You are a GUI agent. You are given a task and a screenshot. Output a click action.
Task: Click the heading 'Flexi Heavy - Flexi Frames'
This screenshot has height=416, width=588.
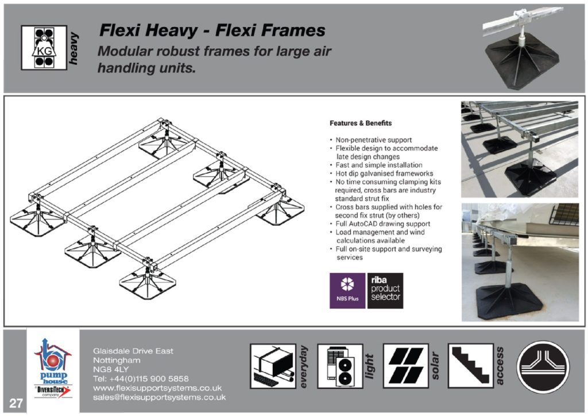pyautogui.click(x=212, y=30)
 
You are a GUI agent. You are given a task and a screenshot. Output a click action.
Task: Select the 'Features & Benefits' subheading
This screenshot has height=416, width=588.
pyautogui.click(x=361, y=123)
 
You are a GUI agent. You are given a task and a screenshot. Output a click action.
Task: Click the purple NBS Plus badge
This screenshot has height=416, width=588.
pyautogui.click(x=347, y=291)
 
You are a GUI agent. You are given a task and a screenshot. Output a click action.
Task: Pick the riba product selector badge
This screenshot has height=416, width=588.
pyautogui.click(x=385, y=291)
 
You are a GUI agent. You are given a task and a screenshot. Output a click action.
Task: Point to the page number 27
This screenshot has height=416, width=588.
pyautogui.click(x=16, y=403)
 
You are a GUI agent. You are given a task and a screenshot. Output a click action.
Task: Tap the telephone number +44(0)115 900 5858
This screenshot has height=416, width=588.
pyautogui.click(x=141, y=379)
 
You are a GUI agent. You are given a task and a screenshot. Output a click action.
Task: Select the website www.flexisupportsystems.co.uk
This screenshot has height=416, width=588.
pyautogui.click(x=157, y=388)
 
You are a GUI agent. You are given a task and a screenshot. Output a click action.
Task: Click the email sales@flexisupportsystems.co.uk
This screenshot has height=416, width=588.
pyautogui.click(x=159, y=397)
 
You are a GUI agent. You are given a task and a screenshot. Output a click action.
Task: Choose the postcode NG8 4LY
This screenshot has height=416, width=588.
pyautogui.click(x=111, y=369)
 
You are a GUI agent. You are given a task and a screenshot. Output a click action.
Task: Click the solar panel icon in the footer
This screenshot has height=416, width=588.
pyautogui.click(x=406, y=366)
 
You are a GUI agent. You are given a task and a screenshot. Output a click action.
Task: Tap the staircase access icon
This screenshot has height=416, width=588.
pyautogui.click(x=470, y=366)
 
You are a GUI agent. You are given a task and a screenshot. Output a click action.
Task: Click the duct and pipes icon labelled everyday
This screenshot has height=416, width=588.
pyautogui.click(x=273, y=366)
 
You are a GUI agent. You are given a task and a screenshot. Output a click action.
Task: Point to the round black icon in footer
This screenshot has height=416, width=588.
pyautogui.click(x=543, y=367)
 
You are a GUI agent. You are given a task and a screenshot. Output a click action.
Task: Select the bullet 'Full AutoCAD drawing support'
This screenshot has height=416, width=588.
pyautogui.click(x=382, y=224)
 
